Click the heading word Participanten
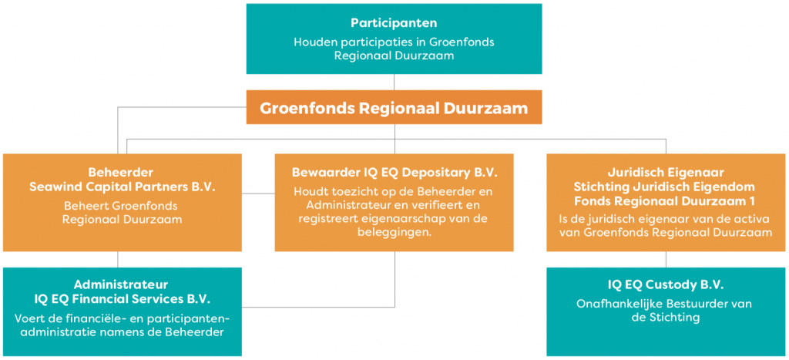394,22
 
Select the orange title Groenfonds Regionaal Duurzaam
394,108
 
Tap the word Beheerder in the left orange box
123,173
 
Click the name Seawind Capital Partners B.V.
123,187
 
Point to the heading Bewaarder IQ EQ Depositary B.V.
394,173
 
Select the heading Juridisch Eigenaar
666,173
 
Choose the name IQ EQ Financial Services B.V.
123,299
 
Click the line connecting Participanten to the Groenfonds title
394,82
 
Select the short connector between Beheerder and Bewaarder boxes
258,193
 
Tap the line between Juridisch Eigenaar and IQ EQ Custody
666,259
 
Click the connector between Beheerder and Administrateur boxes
118,259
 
